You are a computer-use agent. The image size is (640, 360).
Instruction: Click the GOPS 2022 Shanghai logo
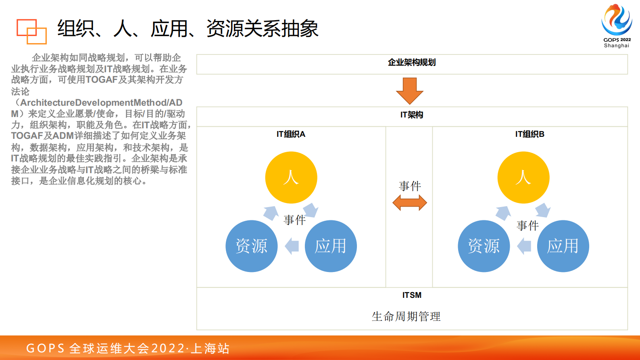click(616, 25)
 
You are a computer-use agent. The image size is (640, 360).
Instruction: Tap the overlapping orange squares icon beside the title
click(31, 31)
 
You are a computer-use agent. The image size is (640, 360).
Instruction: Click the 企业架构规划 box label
click(412, 63)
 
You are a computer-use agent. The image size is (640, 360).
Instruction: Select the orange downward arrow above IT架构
click(410, 91)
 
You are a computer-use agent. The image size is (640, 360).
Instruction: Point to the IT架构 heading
click(412, 115)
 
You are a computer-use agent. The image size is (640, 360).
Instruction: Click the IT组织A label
click(291, 134)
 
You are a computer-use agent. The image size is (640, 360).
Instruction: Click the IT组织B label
click(530, 134)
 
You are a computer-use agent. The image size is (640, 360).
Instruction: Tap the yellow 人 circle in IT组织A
click(291, 178)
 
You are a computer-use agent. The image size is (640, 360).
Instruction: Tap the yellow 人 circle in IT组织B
click(523, 178)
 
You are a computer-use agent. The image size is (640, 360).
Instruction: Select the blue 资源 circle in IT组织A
click(252, 246)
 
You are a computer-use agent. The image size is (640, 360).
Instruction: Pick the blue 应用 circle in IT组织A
click(331, 246)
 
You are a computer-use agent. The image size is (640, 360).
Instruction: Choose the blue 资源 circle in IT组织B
click(484, 246)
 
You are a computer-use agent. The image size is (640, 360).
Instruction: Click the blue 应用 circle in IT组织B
click(563, 246)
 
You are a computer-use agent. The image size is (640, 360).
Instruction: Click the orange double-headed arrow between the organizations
click(410, 203)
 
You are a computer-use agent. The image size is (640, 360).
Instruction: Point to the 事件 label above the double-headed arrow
click(410, 186)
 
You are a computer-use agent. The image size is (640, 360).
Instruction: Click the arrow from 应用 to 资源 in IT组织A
click(292, 246)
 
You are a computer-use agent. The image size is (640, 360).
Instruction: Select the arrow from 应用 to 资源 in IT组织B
click(524, 246)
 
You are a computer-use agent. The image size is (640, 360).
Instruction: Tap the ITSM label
click(412, 295)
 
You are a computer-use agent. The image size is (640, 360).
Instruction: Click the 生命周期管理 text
click(406, 316)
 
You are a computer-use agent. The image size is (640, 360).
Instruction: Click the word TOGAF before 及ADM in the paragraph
click(27, 136)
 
